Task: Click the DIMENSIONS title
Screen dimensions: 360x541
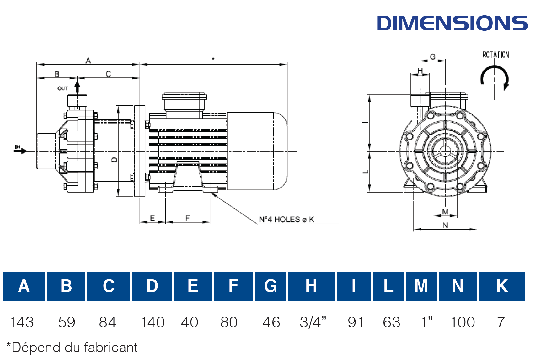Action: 452,23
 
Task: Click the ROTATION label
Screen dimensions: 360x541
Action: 495,55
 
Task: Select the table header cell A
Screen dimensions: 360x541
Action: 24,286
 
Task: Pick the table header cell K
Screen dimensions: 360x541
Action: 502,286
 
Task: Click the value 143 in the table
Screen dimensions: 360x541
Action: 21,322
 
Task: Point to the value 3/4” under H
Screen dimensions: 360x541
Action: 313,322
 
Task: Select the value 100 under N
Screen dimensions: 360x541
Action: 462,322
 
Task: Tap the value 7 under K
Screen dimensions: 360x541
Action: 501,322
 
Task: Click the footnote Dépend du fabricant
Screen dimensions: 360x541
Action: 72,347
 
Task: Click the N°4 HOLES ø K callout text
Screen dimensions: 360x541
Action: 287,220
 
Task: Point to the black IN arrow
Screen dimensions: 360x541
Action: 21,151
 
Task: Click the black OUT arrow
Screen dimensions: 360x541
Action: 77,87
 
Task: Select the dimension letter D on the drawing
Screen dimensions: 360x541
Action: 115,160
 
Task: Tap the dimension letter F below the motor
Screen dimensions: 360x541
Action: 187,218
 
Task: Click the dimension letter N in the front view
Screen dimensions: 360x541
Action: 445,225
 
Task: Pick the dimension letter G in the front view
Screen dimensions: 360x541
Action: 433,57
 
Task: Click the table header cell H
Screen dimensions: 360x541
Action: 311,286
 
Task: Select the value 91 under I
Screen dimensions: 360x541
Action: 356,322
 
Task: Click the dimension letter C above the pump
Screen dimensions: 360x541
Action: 108,74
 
